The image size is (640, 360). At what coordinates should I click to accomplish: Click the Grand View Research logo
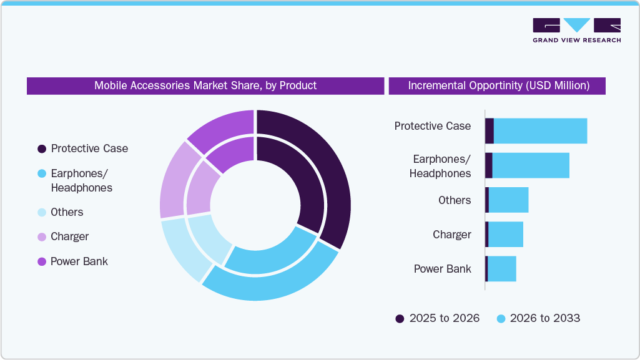[x=576, y=31]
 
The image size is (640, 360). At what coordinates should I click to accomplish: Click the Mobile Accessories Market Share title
[x=205, y=85]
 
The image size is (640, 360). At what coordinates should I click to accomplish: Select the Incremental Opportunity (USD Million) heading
[x=498, y=85]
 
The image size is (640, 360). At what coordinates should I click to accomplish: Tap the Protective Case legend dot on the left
[x=42, y=148]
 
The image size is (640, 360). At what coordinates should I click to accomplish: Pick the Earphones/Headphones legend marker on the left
[x=42, y=173]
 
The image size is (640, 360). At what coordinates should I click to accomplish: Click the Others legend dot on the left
[x=42, y=212]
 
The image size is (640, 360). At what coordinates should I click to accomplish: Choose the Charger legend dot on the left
[x=42, y=236]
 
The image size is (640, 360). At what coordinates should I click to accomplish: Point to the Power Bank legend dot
[x=42, y=261]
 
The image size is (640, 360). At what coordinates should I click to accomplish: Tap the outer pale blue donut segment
[x=178, y=250]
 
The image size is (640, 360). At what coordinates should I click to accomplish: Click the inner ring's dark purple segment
[x=300, y=175]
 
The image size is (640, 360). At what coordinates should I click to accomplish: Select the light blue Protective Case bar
[x=540, y=131]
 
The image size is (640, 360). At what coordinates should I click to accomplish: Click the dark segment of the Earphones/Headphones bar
[x=489, y=165]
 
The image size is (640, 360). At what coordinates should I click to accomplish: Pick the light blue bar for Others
[x=508, y=200]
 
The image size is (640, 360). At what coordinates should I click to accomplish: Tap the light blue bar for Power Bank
[x=501, y=269]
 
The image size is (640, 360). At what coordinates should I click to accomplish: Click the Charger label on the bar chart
[x=451, y=235]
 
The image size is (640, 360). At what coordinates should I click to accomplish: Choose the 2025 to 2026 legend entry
[x=437, y=318]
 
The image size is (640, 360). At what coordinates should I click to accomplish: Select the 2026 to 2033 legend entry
[x=538, y=318]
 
